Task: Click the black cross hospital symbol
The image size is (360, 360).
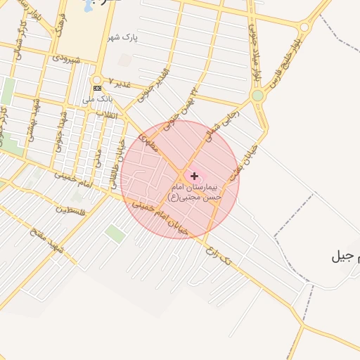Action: pyautogui.click(x=195, y=175)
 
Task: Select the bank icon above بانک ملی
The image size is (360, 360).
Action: pyautogui.click(x=97, y=88)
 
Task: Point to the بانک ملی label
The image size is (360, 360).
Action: pyautogui.click(x=94, y=99)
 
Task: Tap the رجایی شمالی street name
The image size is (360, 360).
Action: pyautogui.click(x=224, y=121)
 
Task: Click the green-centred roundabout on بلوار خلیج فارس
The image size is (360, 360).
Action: pyautogui.click(x=258, y=95)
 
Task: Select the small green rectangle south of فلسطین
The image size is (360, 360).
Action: pyautogui.click(x=115, y=233)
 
